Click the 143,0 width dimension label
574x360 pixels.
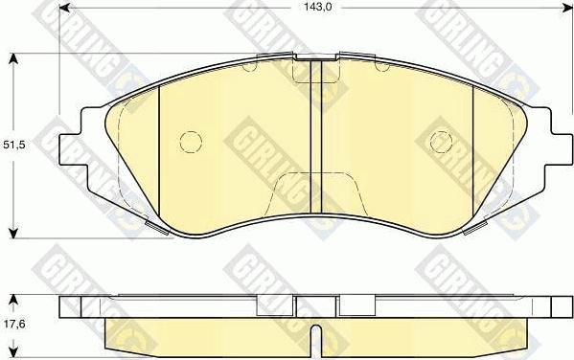tap(305, 8)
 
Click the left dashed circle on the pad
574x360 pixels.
tap(190, 141)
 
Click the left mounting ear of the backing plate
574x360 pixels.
tap(76, 147)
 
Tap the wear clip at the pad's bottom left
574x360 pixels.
tap(150, 226)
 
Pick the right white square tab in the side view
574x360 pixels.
tap(356, 305)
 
